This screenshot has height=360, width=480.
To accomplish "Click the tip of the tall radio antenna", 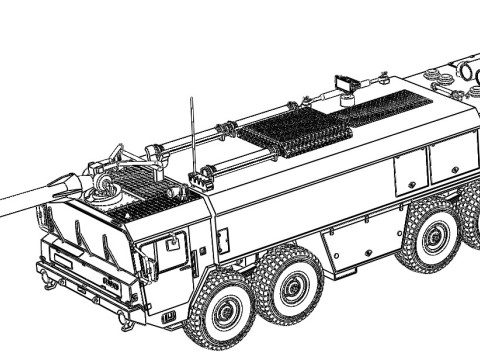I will coord(192,97).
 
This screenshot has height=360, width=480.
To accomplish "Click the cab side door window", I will coord(173,250).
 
